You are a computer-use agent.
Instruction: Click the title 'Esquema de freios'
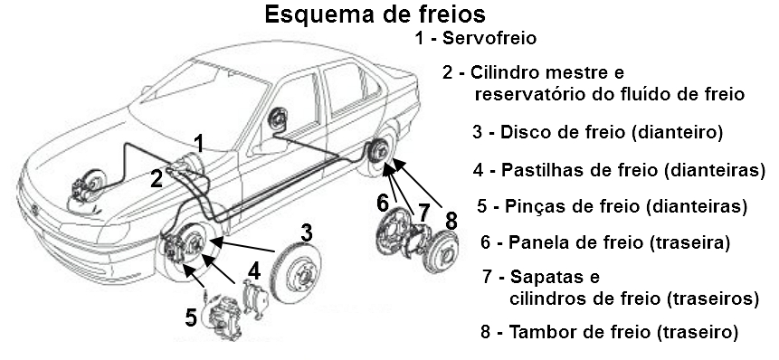click(x=374, y=15)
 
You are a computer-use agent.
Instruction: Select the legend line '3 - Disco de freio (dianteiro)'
click(x=597, y=132)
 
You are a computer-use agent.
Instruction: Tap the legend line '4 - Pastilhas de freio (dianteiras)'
click(x=619, y=169)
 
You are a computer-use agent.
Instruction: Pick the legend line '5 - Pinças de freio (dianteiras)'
click(x=613, y=206)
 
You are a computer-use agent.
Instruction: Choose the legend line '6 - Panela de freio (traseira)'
click(x=605, y=242)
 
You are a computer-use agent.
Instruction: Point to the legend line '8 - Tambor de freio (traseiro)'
click(x=610, y=331)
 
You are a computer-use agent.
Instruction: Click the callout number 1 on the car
click(x=198, y=141)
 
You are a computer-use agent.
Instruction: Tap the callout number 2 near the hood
click(x=156, y=178)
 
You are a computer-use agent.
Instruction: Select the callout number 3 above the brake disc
click(x=307, y=232)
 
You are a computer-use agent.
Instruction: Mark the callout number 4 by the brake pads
click(x=255, y=270)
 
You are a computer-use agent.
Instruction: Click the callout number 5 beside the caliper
click(x=191, y=317)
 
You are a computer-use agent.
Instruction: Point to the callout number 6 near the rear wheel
click(x=383, y=201)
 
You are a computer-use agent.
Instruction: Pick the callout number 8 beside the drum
click(x=451, y=221)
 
